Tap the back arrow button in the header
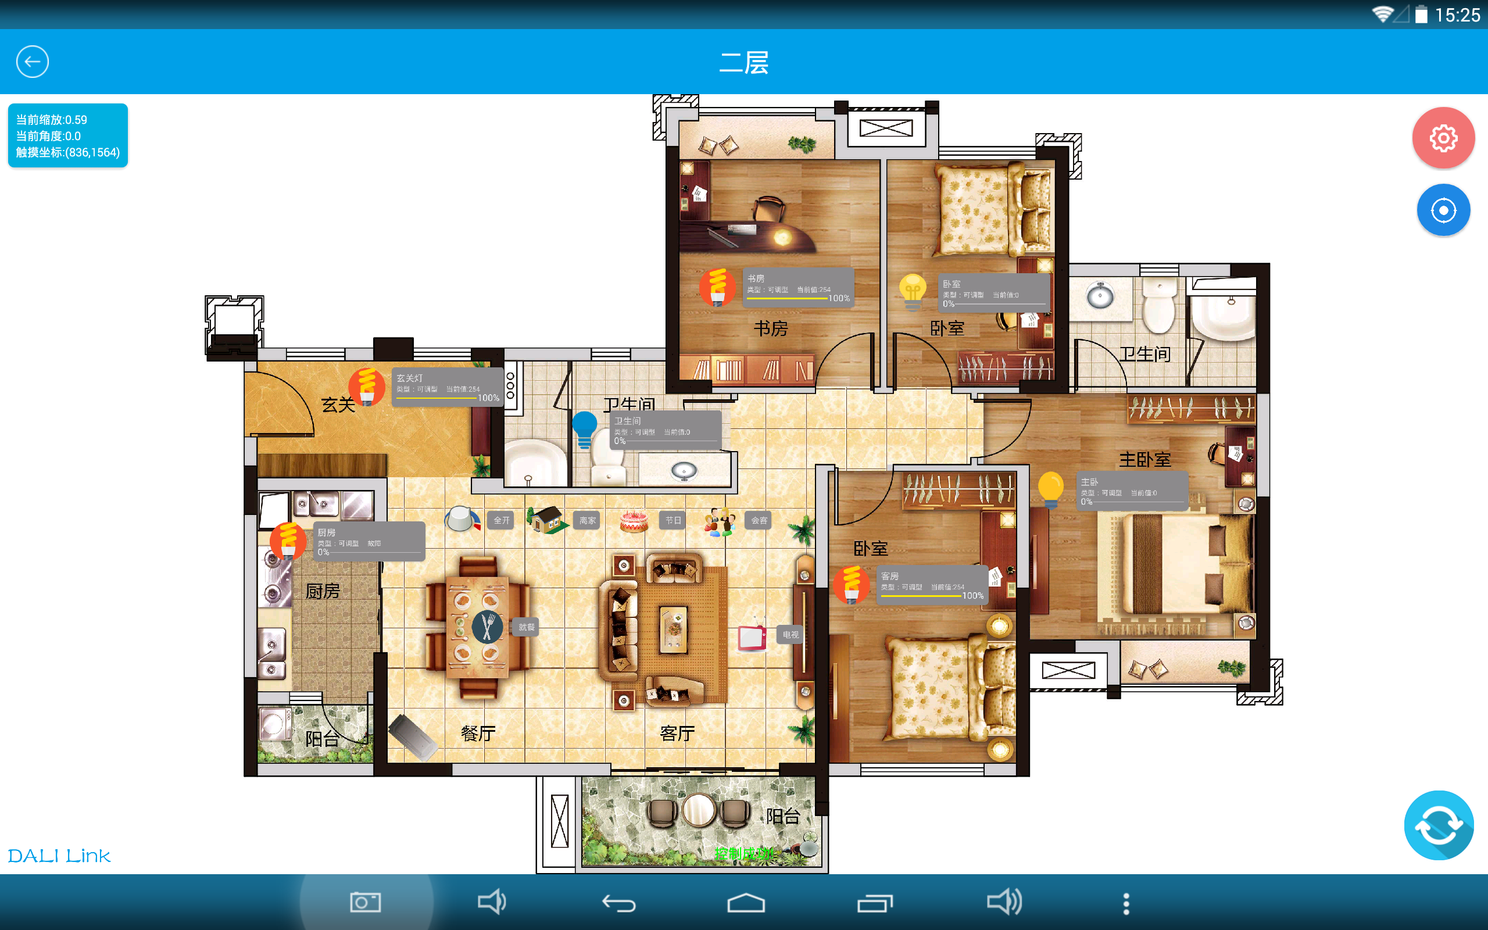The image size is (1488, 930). pyautogui.click(x=33, y=62)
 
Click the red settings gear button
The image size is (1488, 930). pyautogui.click(x=1443, y=138)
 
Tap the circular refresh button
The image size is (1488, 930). pyautogui.click(x=1438, y=825)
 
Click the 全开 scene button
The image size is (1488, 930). pyautogui.click(x=501, y=520)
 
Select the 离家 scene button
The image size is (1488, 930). pyautogui.click(x=587, y=520)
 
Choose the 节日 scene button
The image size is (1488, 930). pyautogui.click(x=673, y=520)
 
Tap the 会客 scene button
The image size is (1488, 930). pyautogui.click(x=759, y=520)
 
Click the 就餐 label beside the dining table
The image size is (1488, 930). pyautogui.click(x=527, y=627)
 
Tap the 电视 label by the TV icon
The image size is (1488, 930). pyautogui.click(x=791, y=634)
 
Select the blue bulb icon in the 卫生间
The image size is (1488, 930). pyautogui.click(x=584, y=428)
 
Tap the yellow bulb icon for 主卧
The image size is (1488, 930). pyautogui.click(x=1051, y=489)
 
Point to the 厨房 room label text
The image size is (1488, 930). pyautogui.click(x=323, y=591)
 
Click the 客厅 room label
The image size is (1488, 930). pyautogui.click(x=677, y=733)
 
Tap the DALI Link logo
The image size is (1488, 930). pyautogui.click(x=59, y=856)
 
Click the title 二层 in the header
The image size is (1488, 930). pyautogui.click(x=744, y=62)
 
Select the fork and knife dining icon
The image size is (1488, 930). pyautogui.click(x=487, y=627)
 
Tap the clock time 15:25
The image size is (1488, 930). pyautogui.click(x=1457, y=15)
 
